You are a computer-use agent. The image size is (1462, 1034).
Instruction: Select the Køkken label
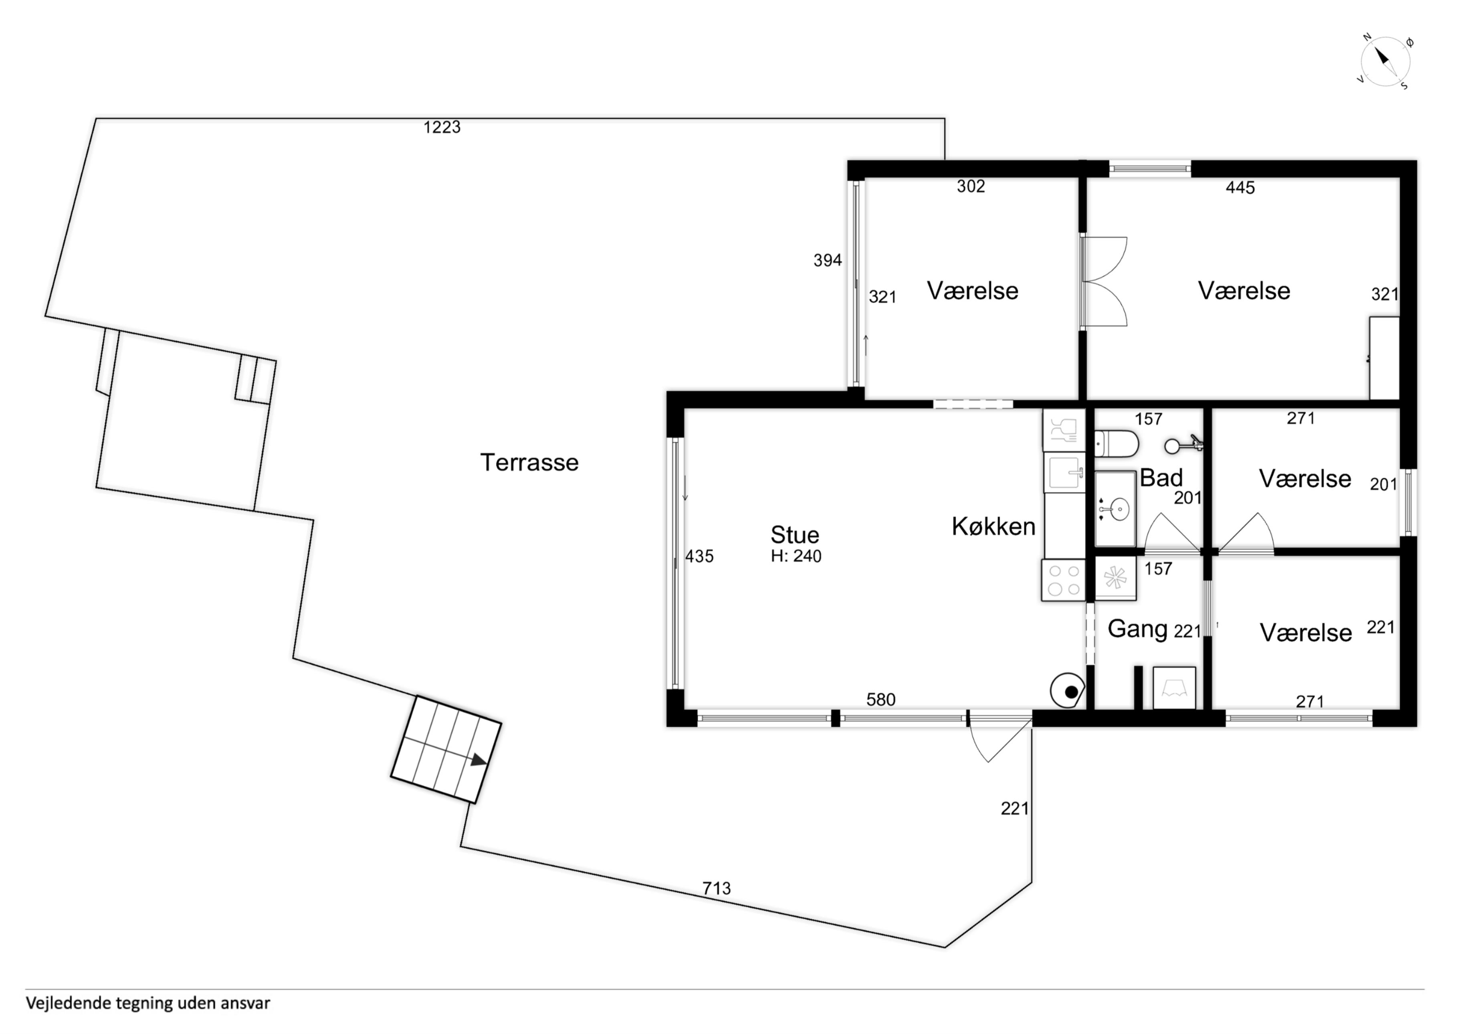point(994,526)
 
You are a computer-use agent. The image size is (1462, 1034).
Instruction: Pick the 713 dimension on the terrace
point(716,888)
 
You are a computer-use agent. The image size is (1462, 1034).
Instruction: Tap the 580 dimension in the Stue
point(880,700)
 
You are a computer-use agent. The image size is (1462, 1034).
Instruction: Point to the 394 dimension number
point(828,260)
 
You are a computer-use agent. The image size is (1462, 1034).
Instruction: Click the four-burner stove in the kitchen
point(1063,581)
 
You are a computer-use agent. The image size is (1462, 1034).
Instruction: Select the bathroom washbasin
point(1116,509)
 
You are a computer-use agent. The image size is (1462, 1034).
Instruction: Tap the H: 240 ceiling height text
point(796,556)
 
